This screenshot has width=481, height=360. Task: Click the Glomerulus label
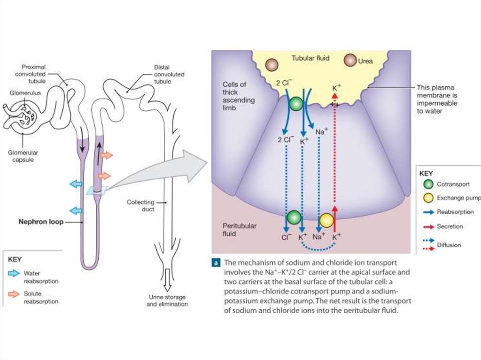point(25,93)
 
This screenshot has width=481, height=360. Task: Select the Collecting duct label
point(140,206)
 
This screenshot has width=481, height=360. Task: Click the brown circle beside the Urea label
point(350,61)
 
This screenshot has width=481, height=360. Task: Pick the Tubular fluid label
point(310,58)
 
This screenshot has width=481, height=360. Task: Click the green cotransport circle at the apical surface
point(296,104)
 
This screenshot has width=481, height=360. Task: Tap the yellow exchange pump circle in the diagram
point(326,220)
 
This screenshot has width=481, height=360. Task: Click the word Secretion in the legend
point(450,226)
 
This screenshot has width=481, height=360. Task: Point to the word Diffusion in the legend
point(449,245)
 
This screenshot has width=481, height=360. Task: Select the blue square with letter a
point(216,263)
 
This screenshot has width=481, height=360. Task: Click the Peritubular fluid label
point(240,229)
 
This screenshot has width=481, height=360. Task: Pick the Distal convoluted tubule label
point(169,74)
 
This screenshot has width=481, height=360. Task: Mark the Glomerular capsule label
point(23,156)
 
